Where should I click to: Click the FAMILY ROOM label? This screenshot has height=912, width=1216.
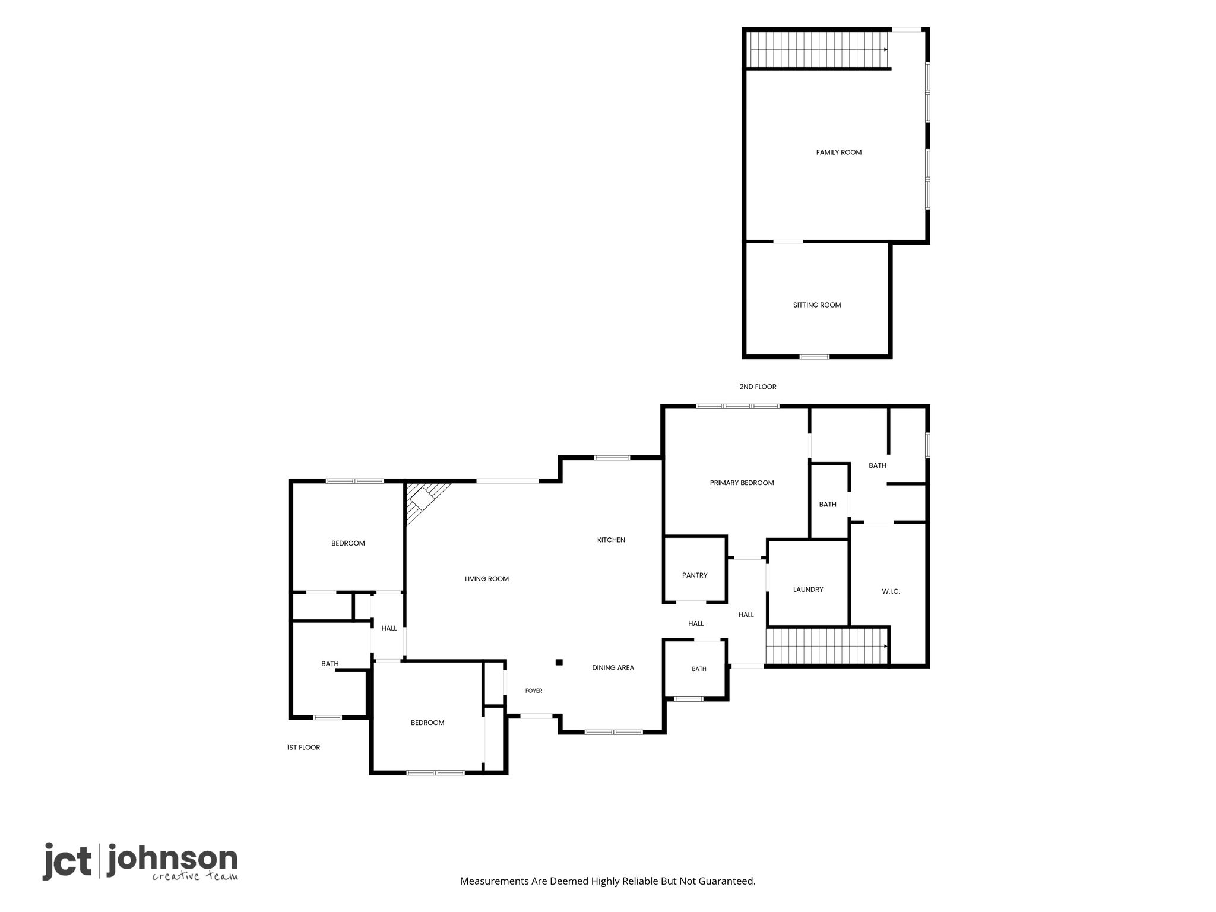coord(838,153)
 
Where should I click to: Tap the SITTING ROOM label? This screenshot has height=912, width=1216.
coord(817,305)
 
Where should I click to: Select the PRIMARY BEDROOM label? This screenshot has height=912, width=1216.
coord(742,483)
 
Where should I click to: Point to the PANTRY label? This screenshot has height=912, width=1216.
coord(695,575)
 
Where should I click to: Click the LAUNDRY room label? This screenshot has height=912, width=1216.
coord(808,590)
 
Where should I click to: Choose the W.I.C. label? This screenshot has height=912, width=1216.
coord(891,591)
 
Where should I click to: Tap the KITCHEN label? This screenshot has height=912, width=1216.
coord(611,540)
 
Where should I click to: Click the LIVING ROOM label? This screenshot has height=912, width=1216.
coord(487,579)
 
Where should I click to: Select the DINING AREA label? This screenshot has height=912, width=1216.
coord(613,668)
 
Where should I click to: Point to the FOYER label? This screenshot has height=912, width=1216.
coord(534,691)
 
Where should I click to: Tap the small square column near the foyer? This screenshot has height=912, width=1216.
coord(559,663)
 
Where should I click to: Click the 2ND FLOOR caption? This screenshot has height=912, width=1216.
coord(758,387)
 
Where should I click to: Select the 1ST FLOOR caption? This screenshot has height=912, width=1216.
coord(303,748)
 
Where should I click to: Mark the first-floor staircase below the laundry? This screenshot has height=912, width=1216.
coord(826,647)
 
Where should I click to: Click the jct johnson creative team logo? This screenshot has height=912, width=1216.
coord(140,862)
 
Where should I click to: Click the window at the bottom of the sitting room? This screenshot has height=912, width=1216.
coord(814,357)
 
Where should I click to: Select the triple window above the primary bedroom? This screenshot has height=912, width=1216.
coord(737,407)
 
